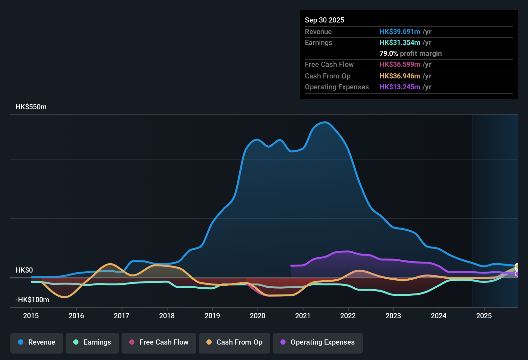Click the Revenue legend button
[37, 342]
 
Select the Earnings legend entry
[92, 342]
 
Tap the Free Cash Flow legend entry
[159, 342]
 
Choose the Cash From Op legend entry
[234, 342]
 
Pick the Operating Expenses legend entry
[318, 342]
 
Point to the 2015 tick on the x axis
[31, 316]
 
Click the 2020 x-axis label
[258, 316]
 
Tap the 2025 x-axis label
[484, 316]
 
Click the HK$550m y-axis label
[31, 107]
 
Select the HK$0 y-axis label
[24, 270]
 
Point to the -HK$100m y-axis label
[32, 300]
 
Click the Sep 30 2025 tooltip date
[324, 20]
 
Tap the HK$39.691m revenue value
[400, 32]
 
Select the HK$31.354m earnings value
[400, 43]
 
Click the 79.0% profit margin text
[410, 54]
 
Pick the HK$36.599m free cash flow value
[400, 65]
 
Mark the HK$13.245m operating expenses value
[400, 87]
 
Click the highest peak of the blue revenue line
[325, 122]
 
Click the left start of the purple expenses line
[291, 265]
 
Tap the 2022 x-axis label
[348, 316]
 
